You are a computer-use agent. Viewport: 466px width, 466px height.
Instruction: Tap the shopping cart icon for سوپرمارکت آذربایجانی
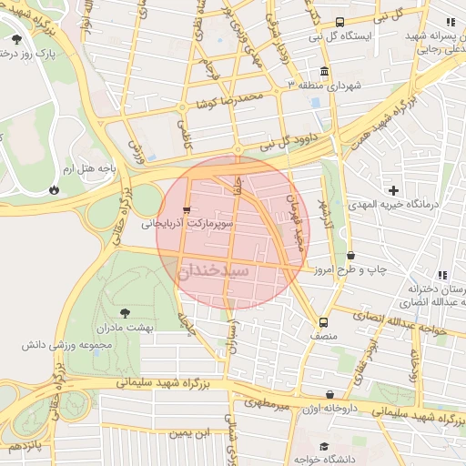(x=187, y=209)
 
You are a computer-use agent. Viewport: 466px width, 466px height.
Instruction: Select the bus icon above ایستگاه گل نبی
(x=339, y=23)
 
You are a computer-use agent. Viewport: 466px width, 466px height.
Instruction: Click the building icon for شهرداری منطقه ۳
(x=325, y=72)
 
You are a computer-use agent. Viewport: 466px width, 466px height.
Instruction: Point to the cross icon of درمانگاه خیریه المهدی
(x=393, y=190)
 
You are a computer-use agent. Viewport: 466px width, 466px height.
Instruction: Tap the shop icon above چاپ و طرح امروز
(x=350, y=257)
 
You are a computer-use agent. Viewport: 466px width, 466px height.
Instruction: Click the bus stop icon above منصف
(x=322, y=322)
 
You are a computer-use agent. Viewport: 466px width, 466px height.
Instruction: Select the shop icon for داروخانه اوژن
(x=329, y=394)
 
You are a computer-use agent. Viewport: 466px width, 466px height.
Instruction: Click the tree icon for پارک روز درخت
(x=17, y=39)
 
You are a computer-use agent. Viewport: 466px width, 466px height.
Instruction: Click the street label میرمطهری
(x=265, y=400)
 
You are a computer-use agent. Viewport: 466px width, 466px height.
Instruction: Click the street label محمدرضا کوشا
(x=234, y=98)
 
